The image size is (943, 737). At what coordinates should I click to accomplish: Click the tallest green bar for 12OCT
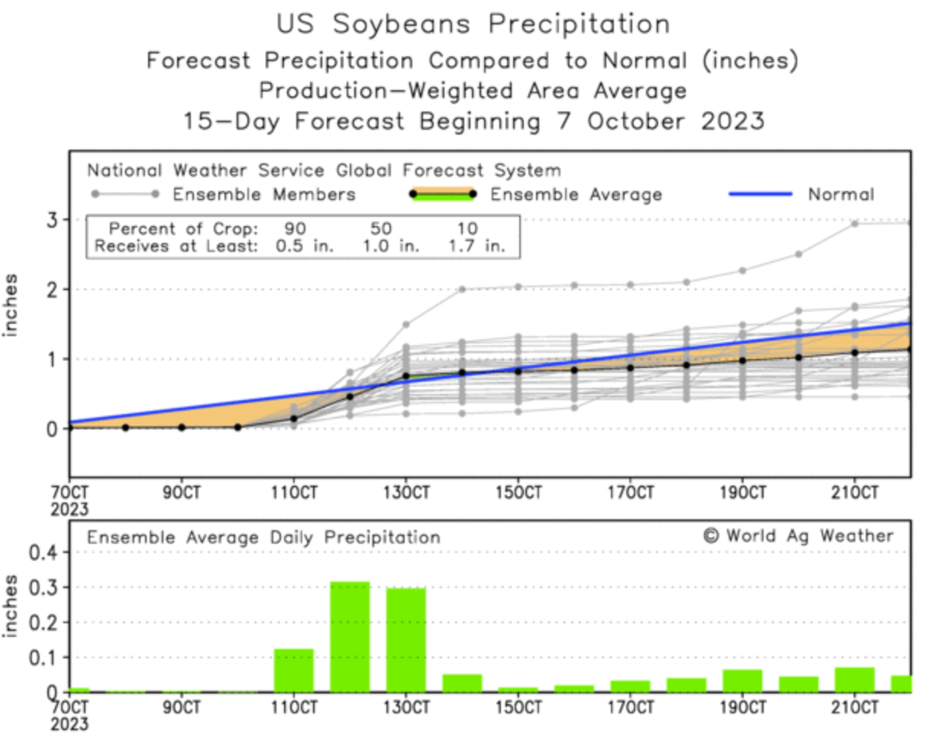click(x=350, y=637)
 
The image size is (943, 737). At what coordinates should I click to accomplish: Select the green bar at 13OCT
click(x=405, y=640)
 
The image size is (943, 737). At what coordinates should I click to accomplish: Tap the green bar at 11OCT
click(x=294, y=671)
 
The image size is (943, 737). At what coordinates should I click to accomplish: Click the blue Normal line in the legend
click(x=760, y=194)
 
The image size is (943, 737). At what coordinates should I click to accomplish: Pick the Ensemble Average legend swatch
click(x=442, y=194)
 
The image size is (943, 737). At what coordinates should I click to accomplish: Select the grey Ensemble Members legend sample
click(x=124, y=194)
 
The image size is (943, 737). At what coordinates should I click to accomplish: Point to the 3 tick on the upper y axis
click(x=52, y=220)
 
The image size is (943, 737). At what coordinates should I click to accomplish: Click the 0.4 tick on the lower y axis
click(x=43, y=551)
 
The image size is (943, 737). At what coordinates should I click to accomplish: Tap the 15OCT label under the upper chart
click(x=518, y=493)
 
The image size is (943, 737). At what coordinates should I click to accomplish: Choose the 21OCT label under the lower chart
click(x=854, y=707)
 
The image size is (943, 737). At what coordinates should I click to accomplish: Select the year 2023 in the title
click(x=732, y=121)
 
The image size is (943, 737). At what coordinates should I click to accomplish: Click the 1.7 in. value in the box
click(x=476, y=246)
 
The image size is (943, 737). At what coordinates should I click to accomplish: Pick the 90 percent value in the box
click(x=295, y=228)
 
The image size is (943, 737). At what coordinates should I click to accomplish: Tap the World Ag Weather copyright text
click(x=798, y=535)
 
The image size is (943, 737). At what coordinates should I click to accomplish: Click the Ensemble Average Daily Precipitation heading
click(x=263, y=538)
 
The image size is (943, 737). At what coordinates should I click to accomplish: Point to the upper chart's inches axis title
click(x=10, y=305)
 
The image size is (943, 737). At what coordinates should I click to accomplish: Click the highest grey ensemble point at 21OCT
click(x=854, y=224)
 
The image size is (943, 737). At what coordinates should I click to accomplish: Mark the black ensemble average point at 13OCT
click(x=406, y=376)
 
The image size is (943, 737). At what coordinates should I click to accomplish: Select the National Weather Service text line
click(x=324, y=170)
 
